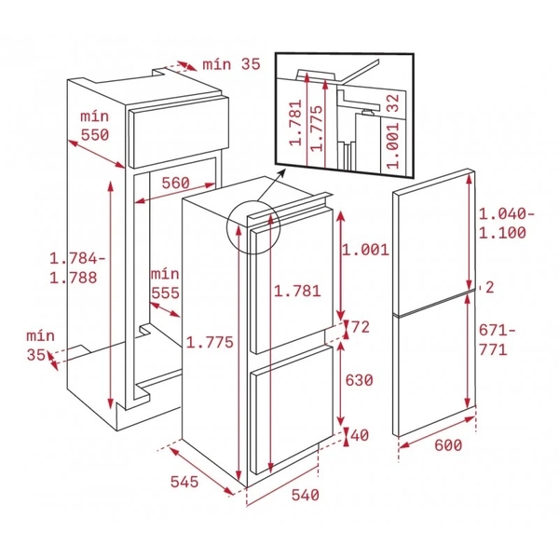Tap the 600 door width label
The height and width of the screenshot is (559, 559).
pyautogui.click(x=447, y=446)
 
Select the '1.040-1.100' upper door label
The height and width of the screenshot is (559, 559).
pyautogui.click(x=507, y=223)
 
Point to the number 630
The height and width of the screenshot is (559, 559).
pyautogui.click(x=359, y=380)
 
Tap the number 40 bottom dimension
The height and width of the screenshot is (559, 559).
pyautogui.click(x=359, y=435)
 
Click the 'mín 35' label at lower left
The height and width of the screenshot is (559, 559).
pyautogui.click(x=38, y=345)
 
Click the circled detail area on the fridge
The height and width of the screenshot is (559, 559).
pyautogui.click(x=253, y=227)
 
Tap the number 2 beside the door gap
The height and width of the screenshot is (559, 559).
pyautogui.click(x=487, y=286)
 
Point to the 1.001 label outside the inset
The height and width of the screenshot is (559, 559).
pyautogui.click(x=364, y=250)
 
